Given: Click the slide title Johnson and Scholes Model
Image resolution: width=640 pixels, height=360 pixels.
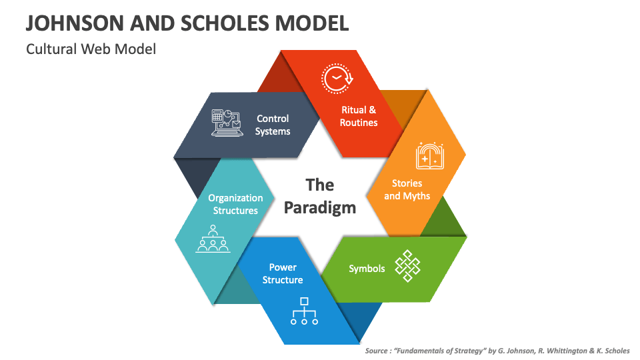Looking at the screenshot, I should [187, 23].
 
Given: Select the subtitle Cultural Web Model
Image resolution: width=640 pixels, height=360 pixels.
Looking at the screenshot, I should [91, 49].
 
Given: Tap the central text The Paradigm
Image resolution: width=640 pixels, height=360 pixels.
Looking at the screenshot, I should [320, 195].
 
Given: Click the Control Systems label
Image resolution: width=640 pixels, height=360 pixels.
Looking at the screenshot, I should [273, 125].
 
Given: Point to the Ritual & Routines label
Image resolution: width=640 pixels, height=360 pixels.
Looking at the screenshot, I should [359, 116].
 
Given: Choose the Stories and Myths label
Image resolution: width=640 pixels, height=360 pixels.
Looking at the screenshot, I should [407, 189].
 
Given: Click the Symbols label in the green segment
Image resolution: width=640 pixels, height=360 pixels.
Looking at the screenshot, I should [367, 268].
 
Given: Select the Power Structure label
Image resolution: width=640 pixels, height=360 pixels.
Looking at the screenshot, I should [283, 273].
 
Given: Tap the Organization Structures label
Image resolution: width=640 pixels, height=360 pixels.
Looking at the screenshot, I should [235, 204].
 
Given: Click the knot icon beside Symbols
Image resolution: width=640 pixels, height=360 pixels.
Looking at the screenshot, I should [408, 266].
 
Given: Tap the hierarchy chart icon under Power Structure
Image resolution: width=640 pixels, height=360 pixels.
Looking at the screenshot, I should [304, 311].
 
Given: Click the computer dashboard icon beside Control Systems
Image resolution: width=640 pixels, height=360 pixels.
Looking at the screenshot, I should [226, 123].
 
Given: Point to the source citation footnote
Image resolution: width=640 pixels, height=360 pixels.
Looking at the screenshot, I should [497, 350].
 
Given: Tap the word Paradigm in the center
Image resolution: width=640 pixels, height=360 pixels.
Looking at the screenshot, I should [320, 207].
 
